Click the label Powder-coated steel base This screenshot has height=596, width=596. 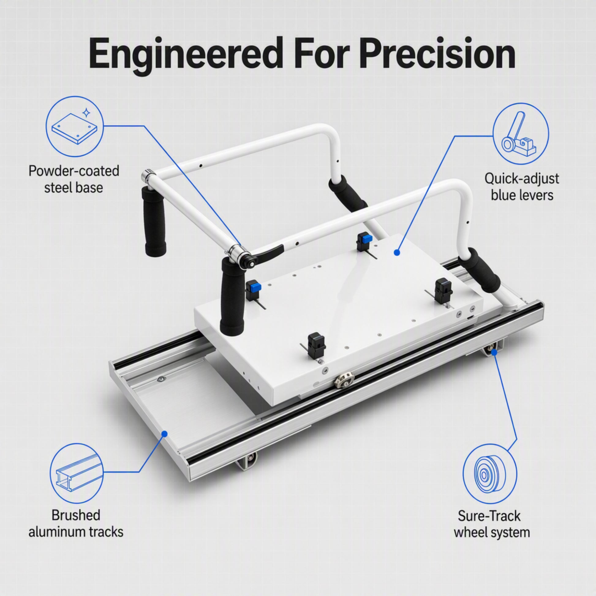click(74, 179)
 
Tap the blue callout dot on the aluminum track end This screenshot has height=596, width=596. click(165, 434)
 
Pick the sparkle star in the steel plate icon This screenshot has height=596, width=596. click(87, 113)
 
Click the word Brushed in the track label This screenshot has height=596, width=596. click(76, 515)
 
